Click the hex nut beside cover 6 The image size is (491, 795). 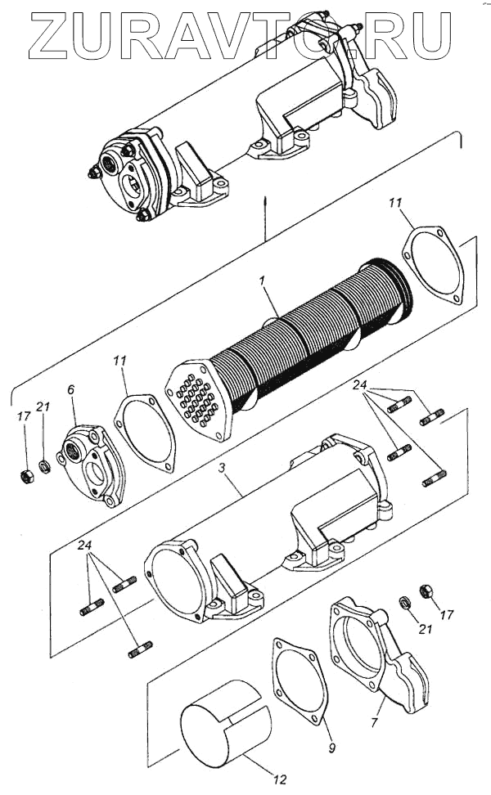(x=25, y=475)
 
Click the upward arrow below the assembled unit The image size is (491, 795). (x=266, y=204)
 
